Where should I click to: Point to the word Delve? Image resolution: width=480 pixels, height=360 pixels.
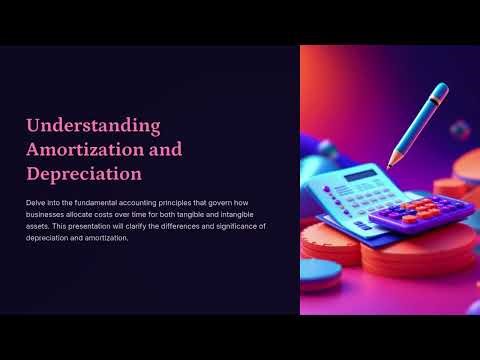click(x=36, y=203)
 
